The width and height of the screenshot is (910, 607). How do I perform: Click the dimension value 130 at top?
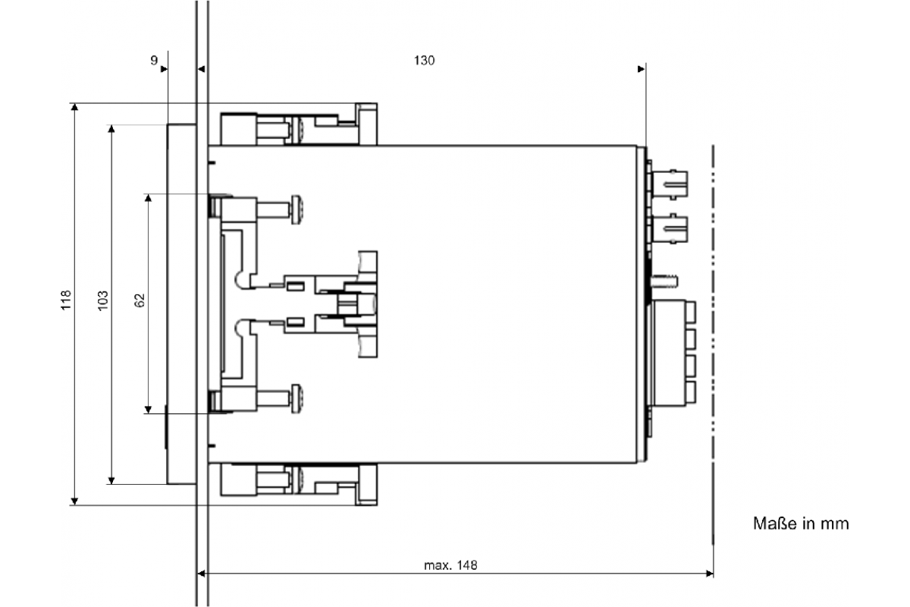tap(424, 61)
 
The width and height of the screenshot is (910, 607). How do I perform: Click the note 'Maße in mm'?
tap(800, 524)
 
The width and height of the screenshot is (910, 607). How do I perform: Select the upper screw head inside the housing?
tap(297, 209)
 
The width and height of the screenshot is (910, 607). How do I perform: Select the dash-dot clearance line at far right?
tap(713, 341)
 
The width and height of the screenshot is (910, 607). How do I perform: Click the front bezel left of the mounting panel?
tap(180, 303)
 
